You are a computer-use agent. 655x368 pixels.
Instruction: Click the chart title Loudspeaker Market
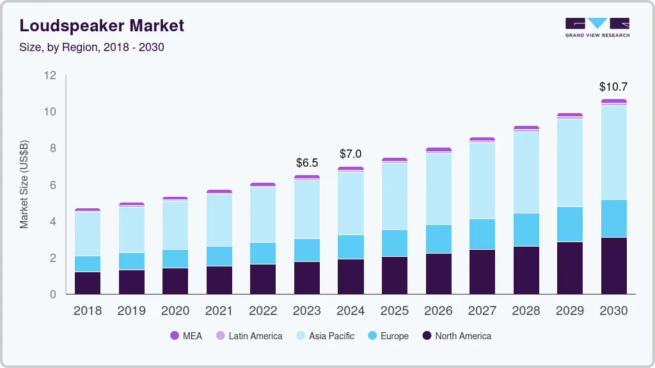pyautogui.click(x=102, y=26)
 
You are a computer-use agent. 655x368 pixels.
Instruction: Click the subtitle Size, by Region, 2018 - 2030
pyautogui.click(x=91, y=47)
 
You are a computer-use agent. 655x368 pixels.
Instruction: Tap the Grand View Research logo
pyautogui.click(x=597, y=27)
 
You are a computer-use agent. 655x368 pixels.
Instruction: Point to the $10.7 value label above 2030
pyautogui.click(x=613, y=86)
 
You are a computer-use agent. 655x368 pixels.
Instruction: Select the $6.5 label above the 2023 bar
pyautogui.click(x=307, y=162)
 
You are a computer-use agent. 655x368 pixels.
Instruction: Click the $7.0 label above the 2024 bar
pyautogui.click(x=351, y=154)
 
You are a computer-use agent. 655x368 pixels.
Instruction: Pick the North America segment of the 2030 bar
pyautogui.click(x=613, y=266)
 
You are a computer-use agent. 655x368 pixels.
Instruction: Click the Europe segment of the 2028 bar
pyautogui.click(x=526, y=229)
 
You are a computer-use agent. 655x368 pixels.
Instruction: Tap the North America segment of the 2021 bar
pyautogui.click(x=219, y=280)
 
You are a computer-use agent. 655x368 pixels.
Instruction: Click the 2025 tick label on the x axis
pyautogui.click(x=395, y=311)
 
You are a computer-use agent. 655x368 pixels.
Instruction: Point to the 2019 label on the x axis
pyautogui.click(x=132, y=311)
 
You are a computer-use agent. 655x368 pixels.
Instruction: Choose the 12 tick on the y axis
pyautogui.click(x=51, y=75)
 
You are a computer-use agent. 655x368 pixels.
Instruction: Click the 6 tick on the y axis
pyautogui.click(x=53, y=185)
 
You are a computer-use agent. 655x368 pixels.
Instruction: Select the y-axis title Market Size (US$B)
pyautogui.click(x=24, y=184)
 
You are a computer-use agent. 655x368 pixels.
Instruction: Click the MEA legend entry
pyautogui.click(x=186, y=336)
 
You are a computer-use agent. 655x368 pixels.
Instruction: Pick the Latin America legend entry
pyautogui.click(x=249, y=336)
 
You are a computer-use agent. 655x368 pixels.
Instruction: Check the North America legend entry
pyautogui.click(x=457, y=336)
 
